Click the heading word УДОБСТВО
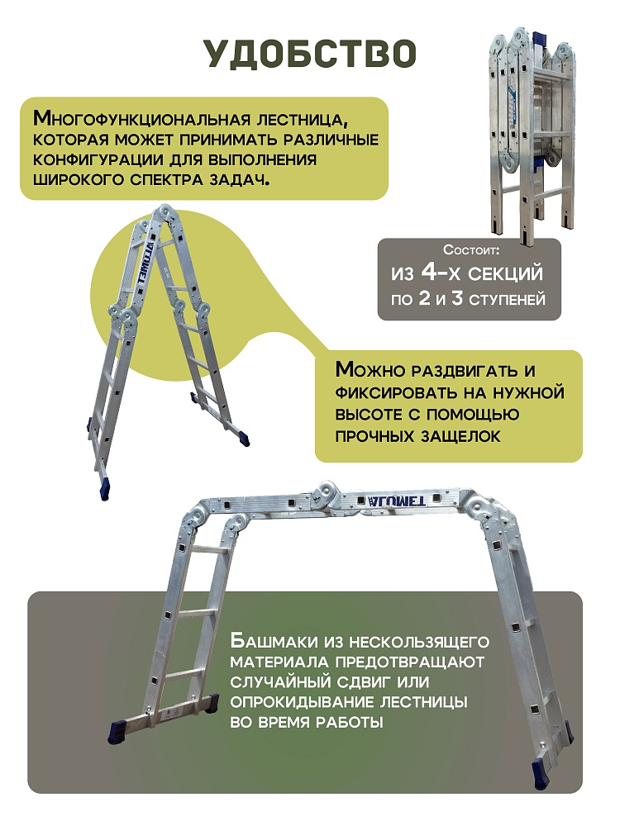click(x=310, y=54)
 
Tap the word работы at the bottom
click(x=348, y=723)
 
